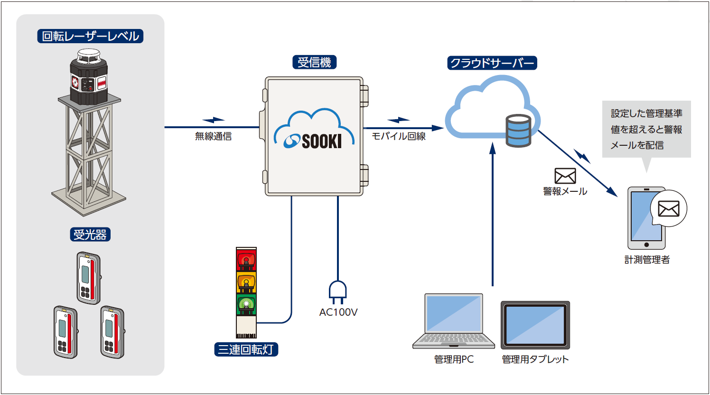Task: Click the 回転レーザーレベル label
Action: [90, 36]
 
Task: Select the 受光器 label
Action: [90, 235]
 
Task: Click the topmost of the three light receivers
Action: [89, 278]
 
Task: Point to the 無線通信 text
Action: [213, 137]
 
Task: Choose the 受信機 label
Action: [314, 62]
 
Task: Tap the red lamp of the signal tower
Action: [246, 260]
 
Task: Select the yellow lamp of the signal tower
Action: [246, 282]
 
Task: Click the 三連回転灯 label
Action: [246, 349]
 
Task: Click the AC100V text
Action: [338, 312]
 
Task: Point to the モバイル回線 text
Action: [399, 137]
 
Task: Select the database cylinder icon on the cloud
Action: [518, 131]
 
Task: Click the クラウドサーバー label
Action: [492, 63]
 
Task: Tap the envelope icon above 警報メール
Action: [565, 176]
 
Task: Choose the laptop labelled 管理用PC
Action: [454, 321]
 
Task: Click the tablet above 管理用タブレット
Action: [535, 325]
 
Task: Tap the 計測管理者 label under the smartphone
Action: [647, 260]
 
